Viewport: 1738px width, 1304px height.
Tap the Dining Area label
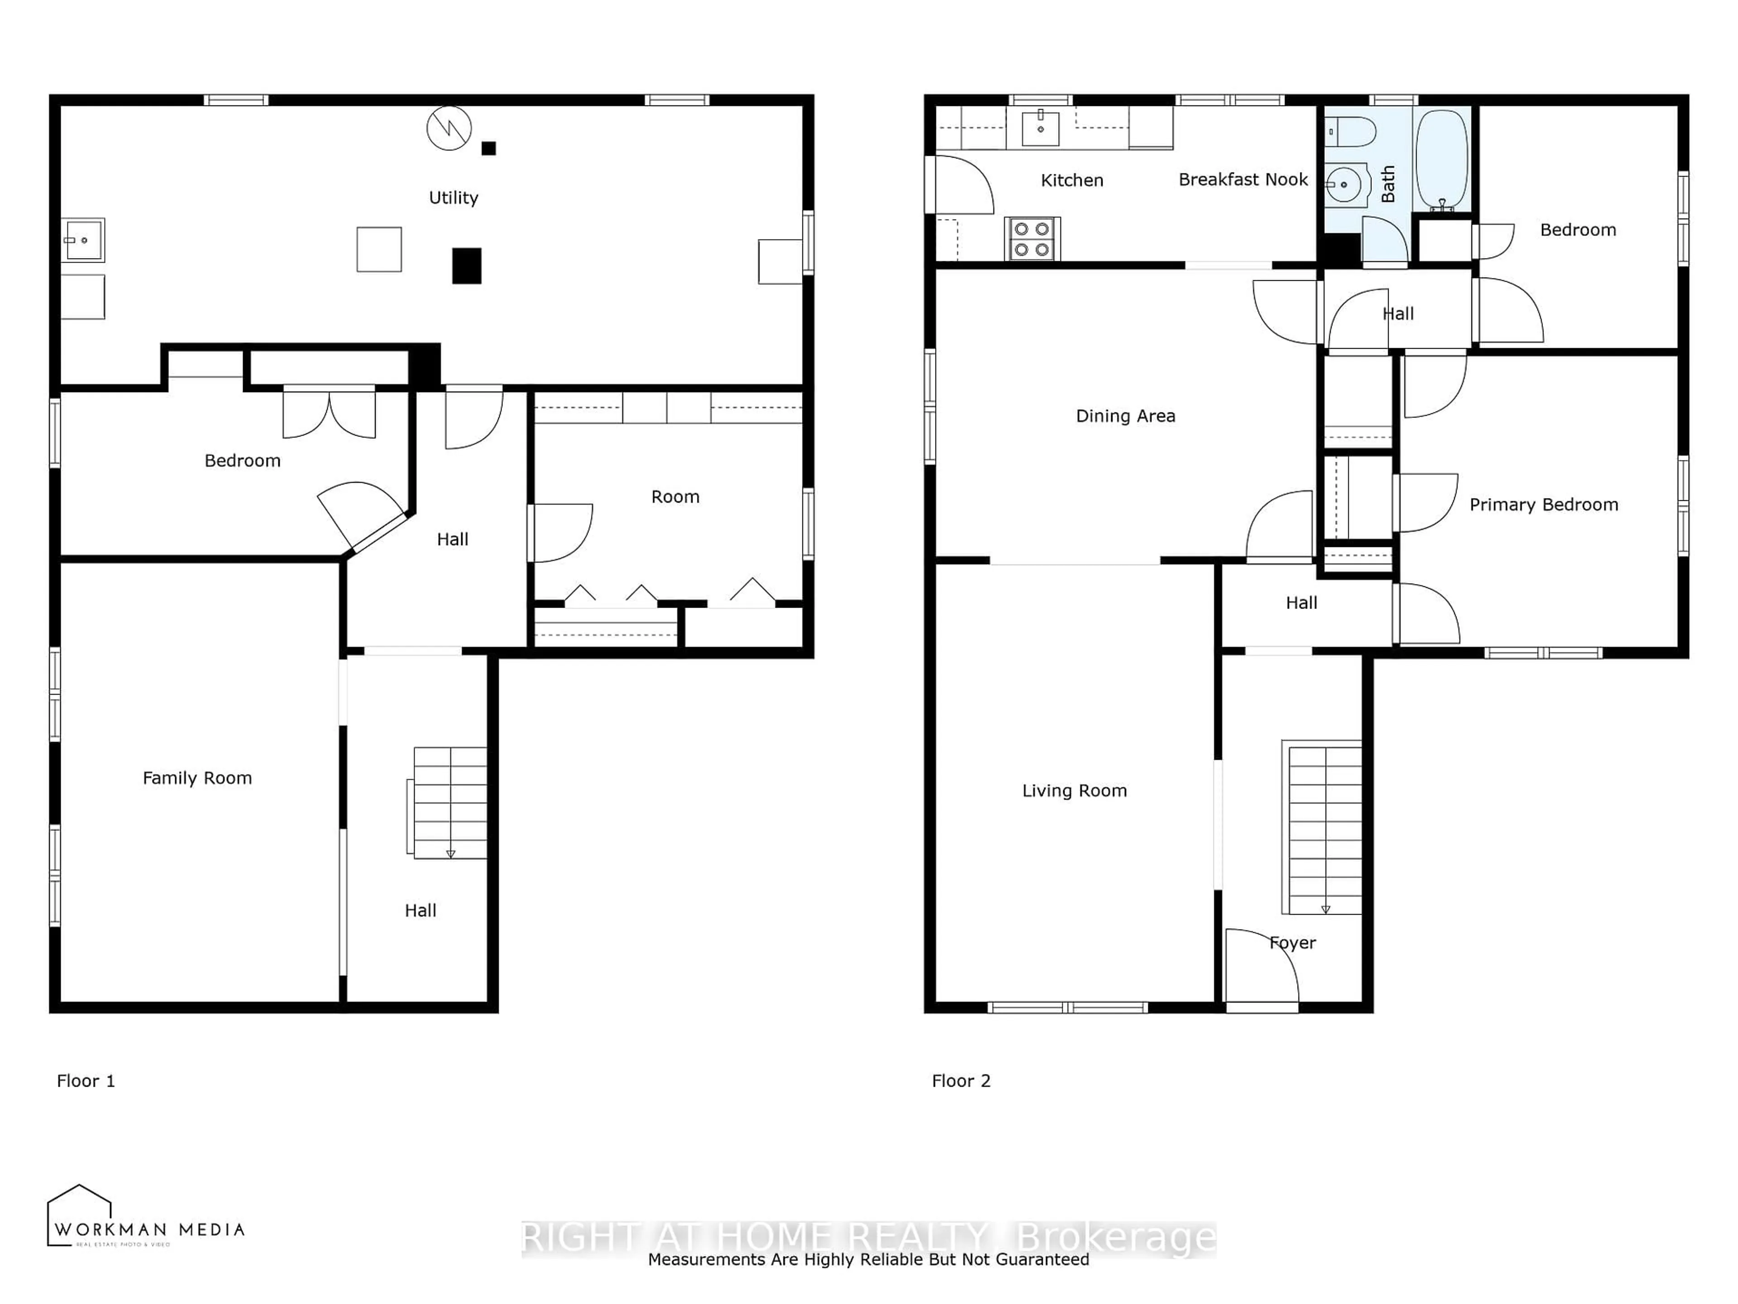point(1125,416)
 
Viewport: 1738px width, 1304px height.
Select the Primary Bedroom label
point(1543,505)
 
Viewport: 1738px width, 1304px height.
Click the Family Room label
point(197,778)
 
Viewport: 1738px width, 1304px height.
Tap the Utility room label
point(454,197)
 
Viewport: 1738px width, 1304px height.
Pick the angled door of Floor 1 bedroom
point(363,515)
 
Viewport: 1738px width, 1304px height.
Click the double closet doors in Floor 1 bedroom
point(329,412)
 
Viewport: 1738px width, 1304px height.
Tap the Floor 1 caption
point(86,1081)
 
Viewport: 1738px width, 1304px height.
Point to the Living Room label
point(1074,791)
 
